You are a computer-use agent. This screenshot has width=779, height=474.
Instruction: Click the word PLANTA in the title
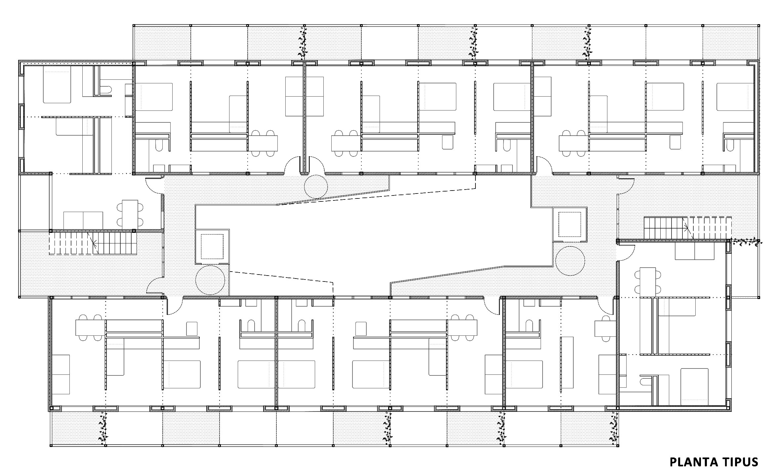tap(693, 462)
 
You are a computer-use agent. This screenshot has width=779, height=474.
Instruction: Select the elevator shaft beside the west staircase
tap(212, 247)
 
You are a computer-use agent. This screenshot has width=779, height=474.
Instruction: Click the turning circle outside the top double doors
tap(316, 187)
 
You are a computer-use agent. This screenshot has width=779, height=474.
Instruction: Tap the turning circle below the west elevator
tap(211, 280)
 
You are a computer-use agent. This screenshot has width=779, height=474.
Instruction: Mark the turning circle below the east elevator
tap(570, 261)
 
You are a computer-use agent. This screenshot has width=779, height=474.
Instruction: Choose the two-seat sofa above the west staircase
tap(83, 221)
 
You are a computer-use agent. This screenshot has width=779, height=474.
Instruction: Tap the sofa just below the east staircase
tap(694, 251)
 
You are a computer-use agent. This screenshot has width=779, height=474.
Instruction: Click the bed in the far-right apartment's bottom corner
tap(694, 387)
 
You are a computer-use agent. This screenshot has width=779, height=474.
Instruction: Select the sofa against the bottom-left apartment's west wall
tap(61, 374)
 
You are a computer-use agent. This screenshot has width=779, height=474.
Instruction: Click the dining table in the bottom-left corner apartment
tap(91, 328)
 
